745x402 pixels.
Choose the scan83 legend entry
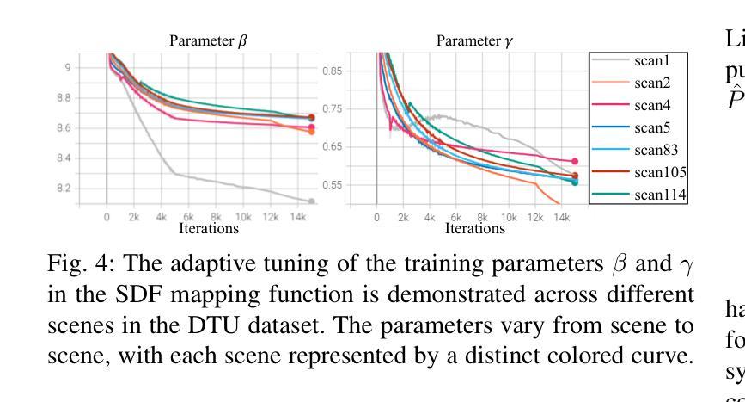(654, 151)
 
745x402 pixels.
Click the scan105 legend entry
(657, 173)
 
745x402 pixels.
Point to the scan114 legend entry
(657, 195)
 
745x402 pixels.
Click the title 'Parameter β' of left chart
(208, 40)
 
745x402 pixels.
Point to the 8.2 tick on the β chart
(89, 189)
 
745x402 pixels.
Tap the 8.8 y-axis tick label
(89, 98)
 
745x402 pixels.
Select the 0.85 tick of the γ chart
(332, 71)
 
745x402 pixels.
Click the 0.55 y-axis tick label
(332, 185)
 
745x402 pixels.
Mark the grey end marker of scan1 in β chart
(311, 201)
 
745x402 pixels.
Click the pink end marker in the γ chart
(574, 161)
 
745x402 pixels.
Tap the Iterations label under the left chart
(209, 229)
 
